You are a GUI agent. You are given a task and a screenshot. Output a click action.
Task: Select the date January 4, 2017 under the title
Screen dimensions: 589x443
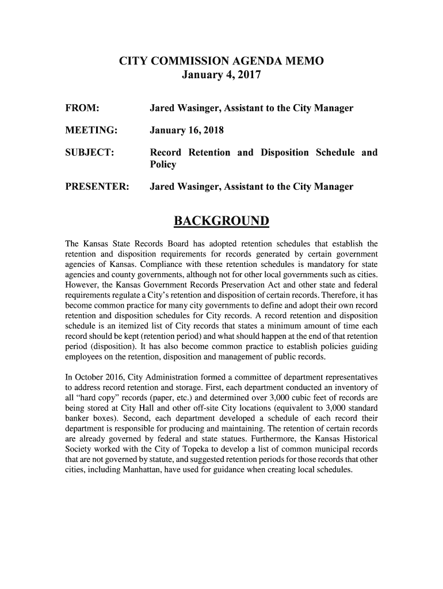click(221, 75)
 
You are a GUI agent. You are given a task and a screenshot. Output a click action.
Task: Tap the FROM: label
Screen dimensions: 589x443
click(85, 108)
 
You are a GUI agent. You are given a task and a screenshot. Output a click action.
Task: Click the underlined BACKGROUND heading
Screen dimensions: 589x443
click(221, 221)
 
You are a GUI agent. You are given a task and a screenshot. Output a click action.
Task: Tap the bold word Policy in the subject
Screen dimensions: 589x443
click(163, 165)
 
